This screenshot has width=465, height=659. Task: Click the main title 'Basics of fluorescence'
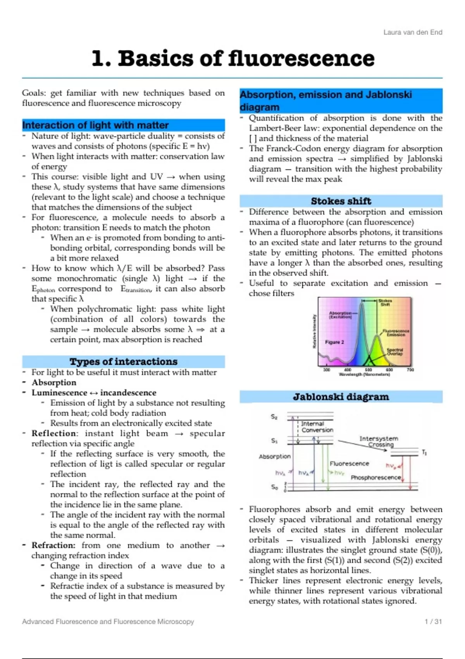246,59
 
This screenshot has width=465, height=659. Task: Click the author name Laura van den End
413,32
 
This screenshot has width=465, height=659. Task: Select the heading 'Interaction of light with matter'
96,125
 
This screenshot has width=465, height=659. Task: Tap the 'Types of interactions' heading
124,362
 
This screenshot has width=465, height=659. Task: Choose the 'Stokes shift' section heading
341,201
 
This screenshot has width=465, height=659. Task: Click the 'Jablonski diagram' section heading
341,397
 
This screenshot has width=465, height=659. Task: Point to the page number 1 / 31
433,621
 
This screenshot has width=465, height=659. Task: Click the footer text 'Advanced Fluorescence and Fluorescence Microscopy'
108,621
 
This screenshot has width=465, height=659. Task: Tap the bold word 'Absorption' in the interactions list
54,383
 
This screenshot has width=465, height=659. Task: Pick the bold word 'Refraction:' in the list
53,545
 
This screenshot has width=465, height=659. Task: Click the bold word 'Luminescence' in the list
59,393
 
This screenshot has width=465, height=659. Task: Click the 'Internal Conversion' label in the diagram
317,427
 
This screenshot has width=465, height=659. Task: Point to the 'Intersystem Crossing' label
379,441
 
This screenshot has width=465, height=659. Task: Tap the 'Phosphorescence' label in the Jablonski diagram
375,478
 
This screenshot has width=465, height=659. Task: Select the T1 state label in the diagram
424,452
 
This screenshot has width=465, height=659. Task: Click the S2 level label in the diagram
274,417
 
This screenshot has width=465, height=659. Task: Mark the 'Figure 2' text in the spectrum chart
334,342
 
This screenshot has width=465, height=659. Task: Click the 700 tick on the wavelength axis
410,370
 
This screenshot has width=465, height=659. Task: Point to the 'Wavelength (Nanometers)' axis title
364,375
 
